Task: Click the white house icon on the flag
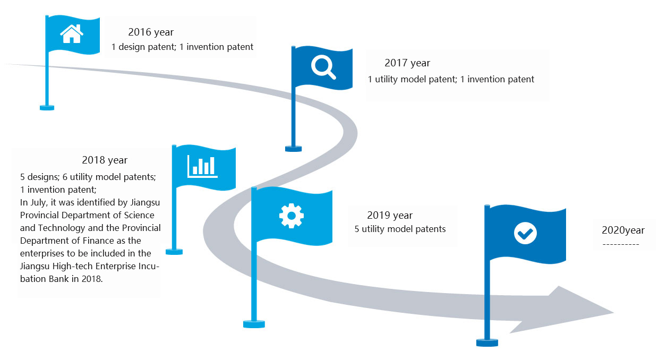72,33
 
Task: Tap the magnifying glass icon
323,68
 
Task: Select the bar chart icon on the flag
202,166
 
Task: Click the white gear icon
292,216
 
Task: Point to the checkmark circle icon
525,233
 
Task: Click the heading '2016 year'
151,32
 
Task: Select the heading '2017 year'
407,63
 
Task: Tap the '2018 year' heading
105,160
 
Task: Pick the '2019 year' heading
390,216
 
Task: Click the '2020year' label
623,230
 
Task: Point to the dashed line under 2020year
621,245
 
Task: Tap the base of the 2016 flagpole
47,108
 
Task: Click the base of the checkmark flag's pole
487,342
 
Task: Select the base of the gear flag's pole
254,324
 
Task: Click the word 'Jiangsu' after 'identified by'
145,203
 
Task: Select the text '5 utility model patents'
400,229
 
